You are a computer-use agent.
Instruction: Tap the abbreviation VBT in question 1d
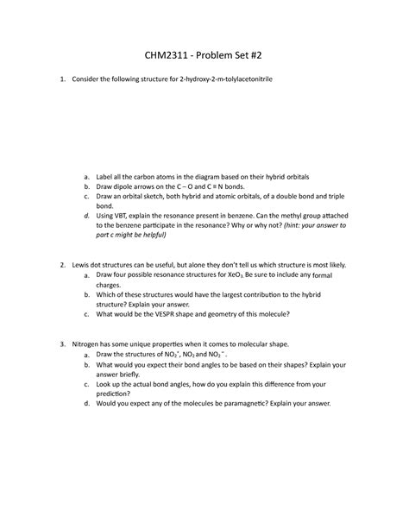point(126,214)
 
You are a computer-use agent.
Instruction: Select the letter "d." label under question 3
point(86,404)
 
